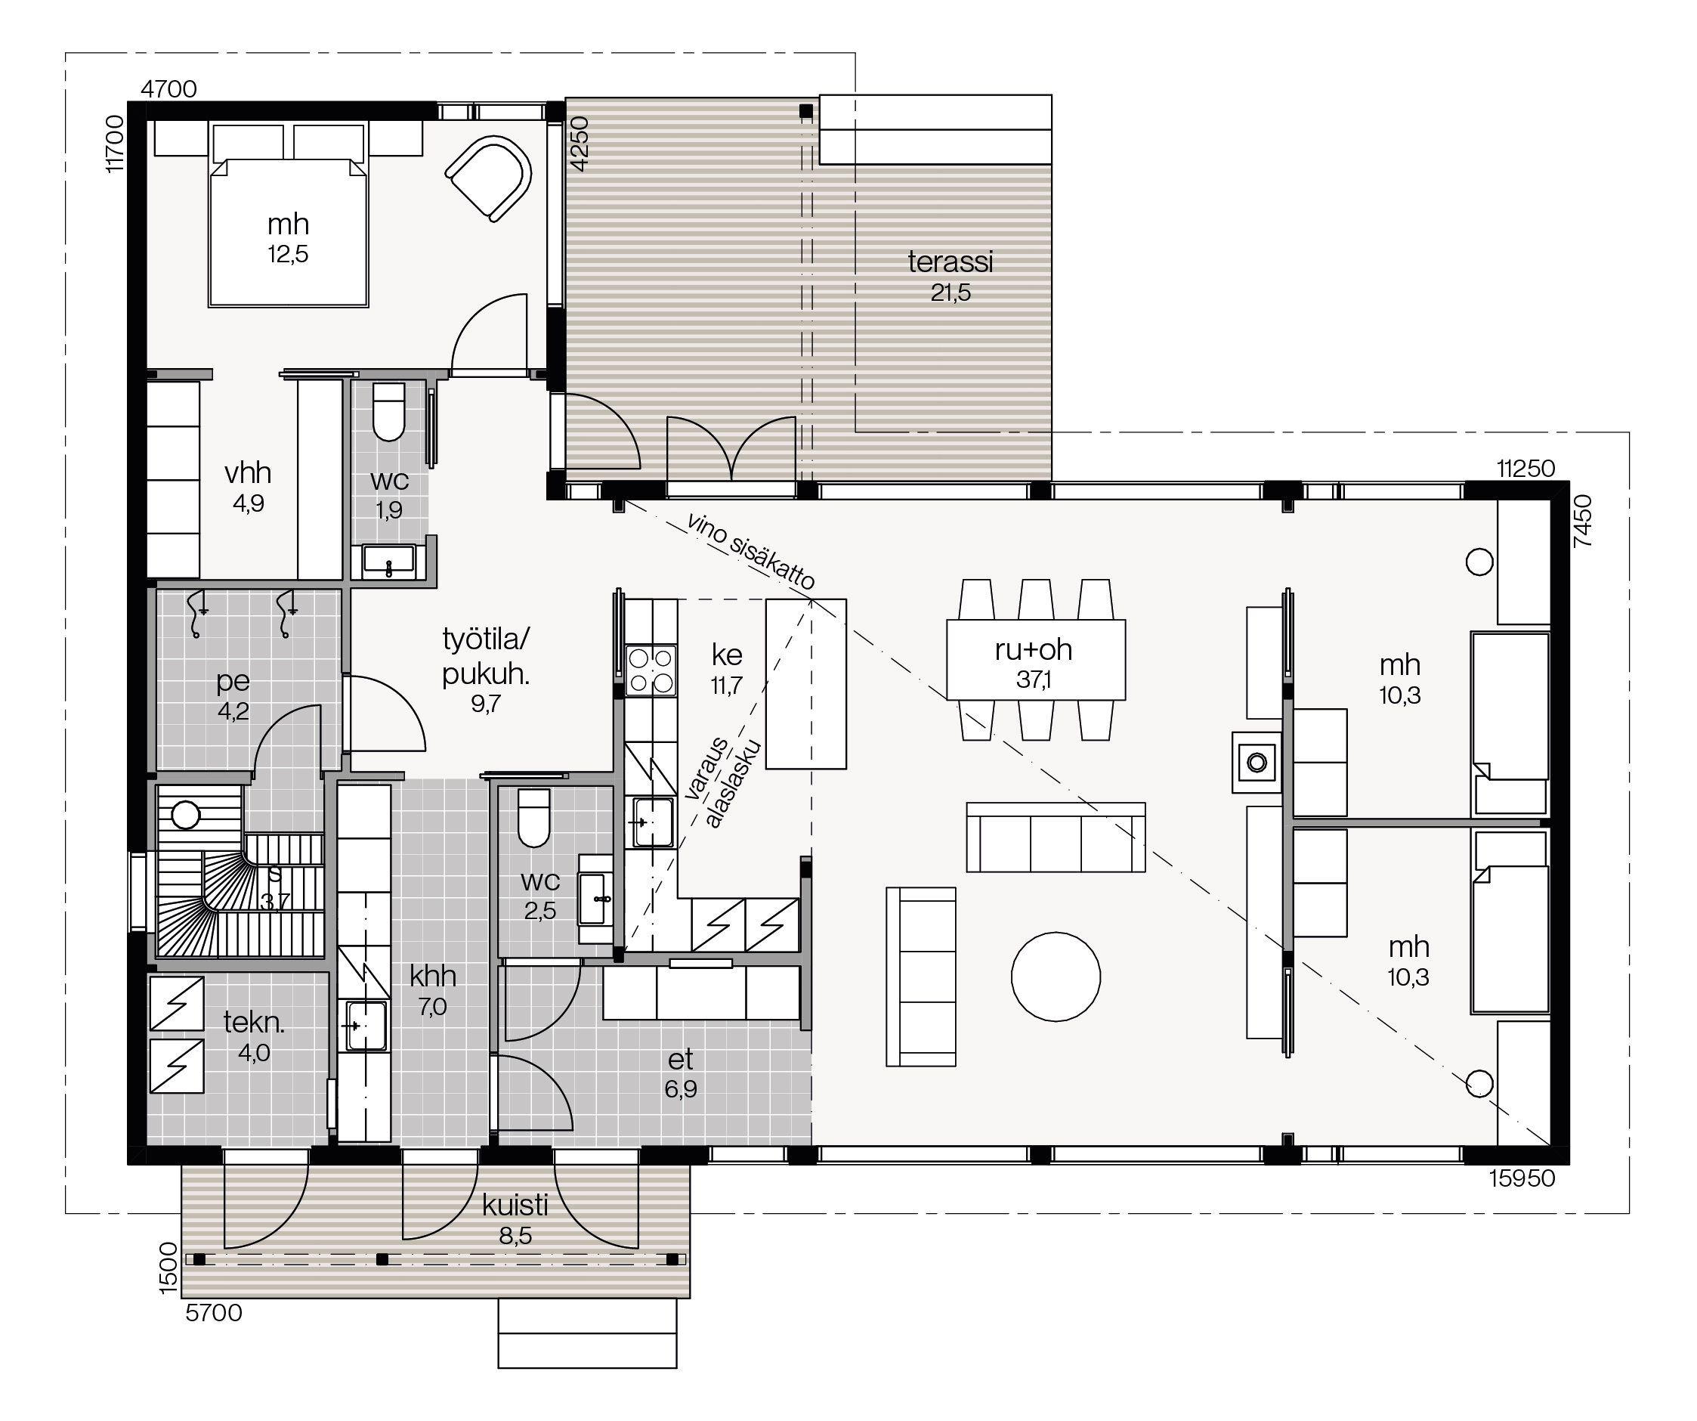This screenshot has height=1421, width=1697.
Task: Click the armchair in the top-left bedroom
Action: point(487,178)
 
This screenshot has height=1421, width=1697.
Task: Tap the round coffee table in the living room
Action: point(1056,977)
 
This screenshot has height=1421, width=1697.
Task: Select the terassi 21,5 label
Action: point(951,277)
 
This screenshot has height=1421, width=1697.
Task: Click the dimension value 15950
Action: point(1522,1178)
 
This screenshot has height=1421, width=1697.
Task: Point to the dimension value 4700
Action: point(169,89)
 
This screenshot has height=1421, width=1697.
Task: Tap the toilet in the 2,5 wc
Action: point(533,817)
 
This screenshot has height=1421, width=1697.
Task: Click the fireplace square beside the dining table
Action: point(1257,762)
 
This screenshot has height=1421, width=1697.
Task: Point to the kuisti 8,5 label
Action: point(515,1221)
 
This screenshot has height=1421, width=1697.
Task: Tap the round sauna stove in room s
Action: point(186,816)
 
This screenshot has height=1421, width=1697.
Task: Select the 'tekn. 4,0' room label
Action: point(254,1038)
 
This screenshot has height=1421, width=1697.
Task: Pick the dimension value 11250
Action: point(1525,469)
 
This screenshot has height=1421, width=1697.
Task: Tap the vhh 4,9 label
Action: point(248,488)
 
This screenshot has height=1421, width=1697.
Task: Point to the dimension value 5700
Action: point(214,1313)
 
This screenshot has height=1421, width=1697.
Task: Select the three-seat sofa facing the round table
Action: point(1056,837)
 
